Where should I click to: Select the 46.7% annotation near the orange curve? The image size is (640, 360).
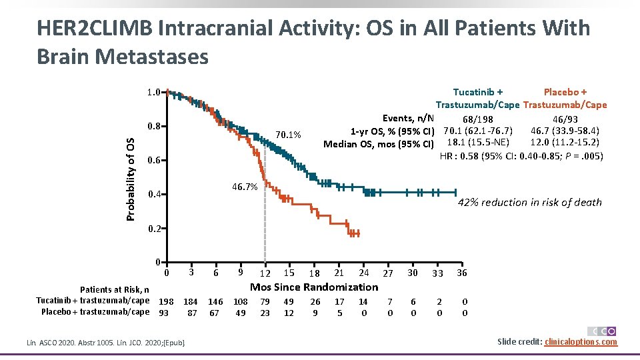coord(245,187)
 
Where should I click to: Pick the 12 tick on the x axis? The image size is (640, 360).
coord(265,273)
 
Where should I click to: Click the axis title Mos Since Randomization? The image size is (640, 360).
coord(313,287)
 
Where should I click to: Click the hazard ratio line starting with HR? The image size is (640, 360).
coord(521,156)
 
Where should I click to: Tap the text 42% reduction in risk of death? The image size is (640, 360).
coord(529,202)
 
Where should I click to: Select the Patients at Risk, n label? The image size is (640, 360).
coord(115,289)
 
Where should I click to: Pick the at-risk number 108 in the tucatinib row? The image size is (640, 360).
coord(240,301)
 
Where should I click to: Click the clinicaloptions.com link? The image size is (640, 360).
coord(581,342)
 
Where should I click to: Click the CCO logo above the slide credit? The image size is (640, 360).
coord(601,331)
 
